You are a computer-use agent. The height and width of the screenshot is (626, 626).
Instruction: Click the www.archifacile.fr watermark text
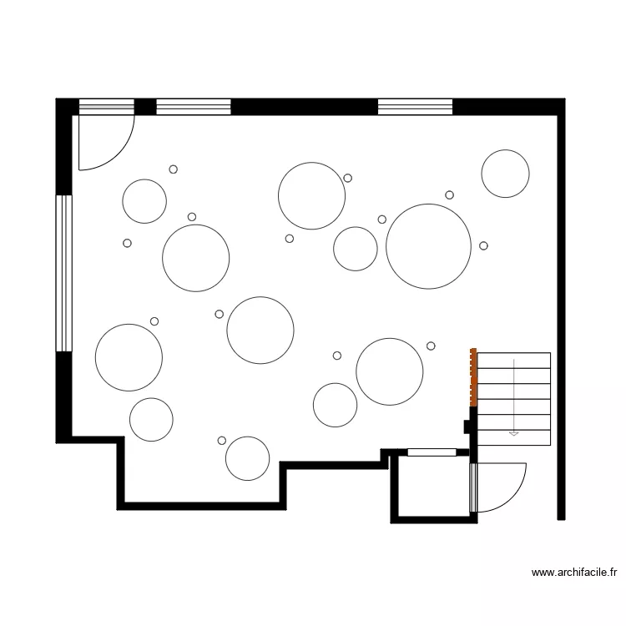click(574, 573)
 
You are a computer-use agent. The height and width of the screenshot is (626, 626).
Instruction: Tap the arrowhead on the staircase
click(513, 433)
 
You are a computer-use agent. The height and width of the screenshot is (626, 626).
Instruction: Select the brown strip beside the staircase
click(473, 377)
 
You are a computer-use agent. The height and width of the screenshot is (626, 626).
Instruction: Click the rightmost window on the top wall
click(415, 106)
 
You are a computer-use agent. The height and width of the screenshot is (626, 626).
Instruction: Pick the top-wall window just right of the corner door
click(193, 106)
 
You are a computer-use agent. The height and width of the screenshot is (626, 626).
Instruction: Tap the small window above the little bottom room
click(432, 452)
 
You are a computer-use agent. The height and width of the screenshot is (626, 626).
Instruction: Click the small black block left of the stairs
click(468, 427)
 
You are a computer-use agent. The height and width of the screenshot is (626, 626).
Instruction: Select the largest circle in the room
click(428, 246)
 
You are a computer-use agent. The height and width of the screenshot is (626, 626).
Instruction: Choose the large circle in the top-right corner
click(505, 174)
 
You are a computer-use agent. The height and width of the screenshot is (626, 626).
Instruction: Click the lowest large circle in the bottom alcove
click(247, 458)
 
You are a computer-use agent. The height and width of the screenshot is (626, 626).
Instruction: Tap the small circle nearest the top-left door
click(174, 169)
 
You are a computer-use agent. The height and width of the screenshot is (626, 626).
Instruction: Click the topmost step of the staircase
click(513, 360)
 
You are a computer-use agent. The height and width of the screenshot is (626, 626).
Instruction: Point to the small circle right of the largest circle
click(483, 245)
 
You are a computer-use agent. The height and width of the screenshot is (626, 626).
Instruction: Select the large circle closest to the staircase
click(390, 371)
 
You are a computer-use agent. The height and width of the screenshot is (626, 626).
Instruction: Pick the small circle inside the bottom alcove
click(221, 440)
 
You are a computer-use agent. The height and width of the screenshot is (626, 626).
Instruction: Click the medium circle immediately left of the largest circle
click(356, 249)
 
